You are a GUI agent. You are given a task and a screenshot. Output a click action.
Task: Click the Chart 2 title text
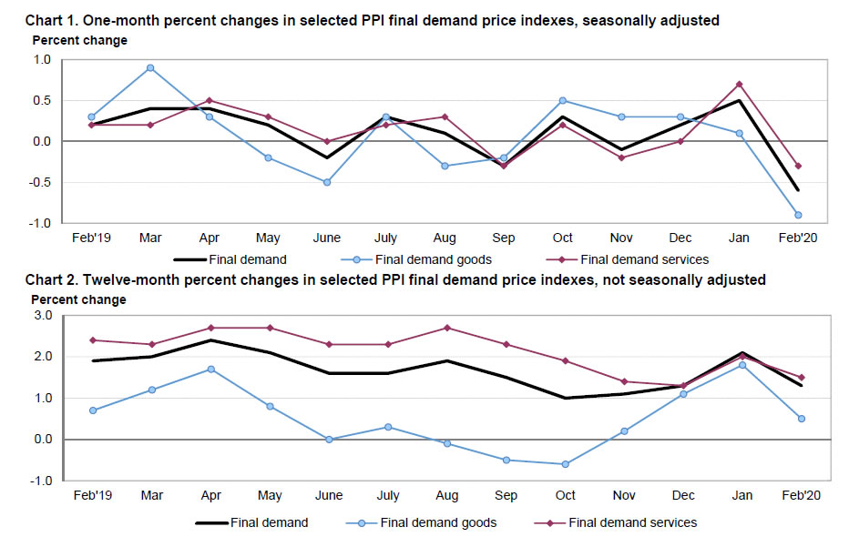(395, 280)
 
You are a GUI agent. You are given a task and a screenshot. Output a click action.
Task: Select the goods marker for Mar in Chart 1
(150, 67)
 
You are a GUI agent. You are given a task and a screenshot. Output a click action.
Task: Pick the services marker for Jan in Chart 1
(739, 84)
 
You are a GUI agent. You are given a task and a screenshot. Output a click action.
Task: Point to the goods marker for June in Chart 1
(327, 182)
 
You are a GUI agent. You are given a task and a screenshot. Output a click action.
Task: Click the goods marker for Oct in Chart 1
(563, 100)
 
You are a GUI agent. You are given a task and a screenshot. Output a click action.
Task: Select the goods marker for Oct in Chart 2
(566, 464)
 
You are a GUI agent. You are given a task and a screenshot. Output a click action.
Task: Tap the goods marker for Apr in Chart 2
(211, 370)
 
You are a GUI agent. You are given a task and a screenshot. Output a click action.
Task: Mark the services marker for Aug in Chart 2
(447, 328)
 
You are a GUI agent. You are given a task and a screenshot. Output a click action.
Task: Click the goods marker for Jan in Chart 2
(742, 365)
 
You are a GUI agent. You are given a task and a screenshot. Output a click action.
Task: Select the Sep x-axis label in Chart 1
(504, 238)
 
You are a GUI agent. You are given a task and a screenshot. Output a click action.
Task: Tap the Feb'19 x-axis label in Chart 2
(93, 496)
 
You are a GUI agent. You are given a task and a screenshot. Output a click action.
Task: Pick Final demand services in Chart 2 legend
(632, 522)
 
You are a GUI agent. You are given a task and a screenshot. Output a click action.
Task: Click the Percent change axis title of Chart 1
(80, 40)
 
